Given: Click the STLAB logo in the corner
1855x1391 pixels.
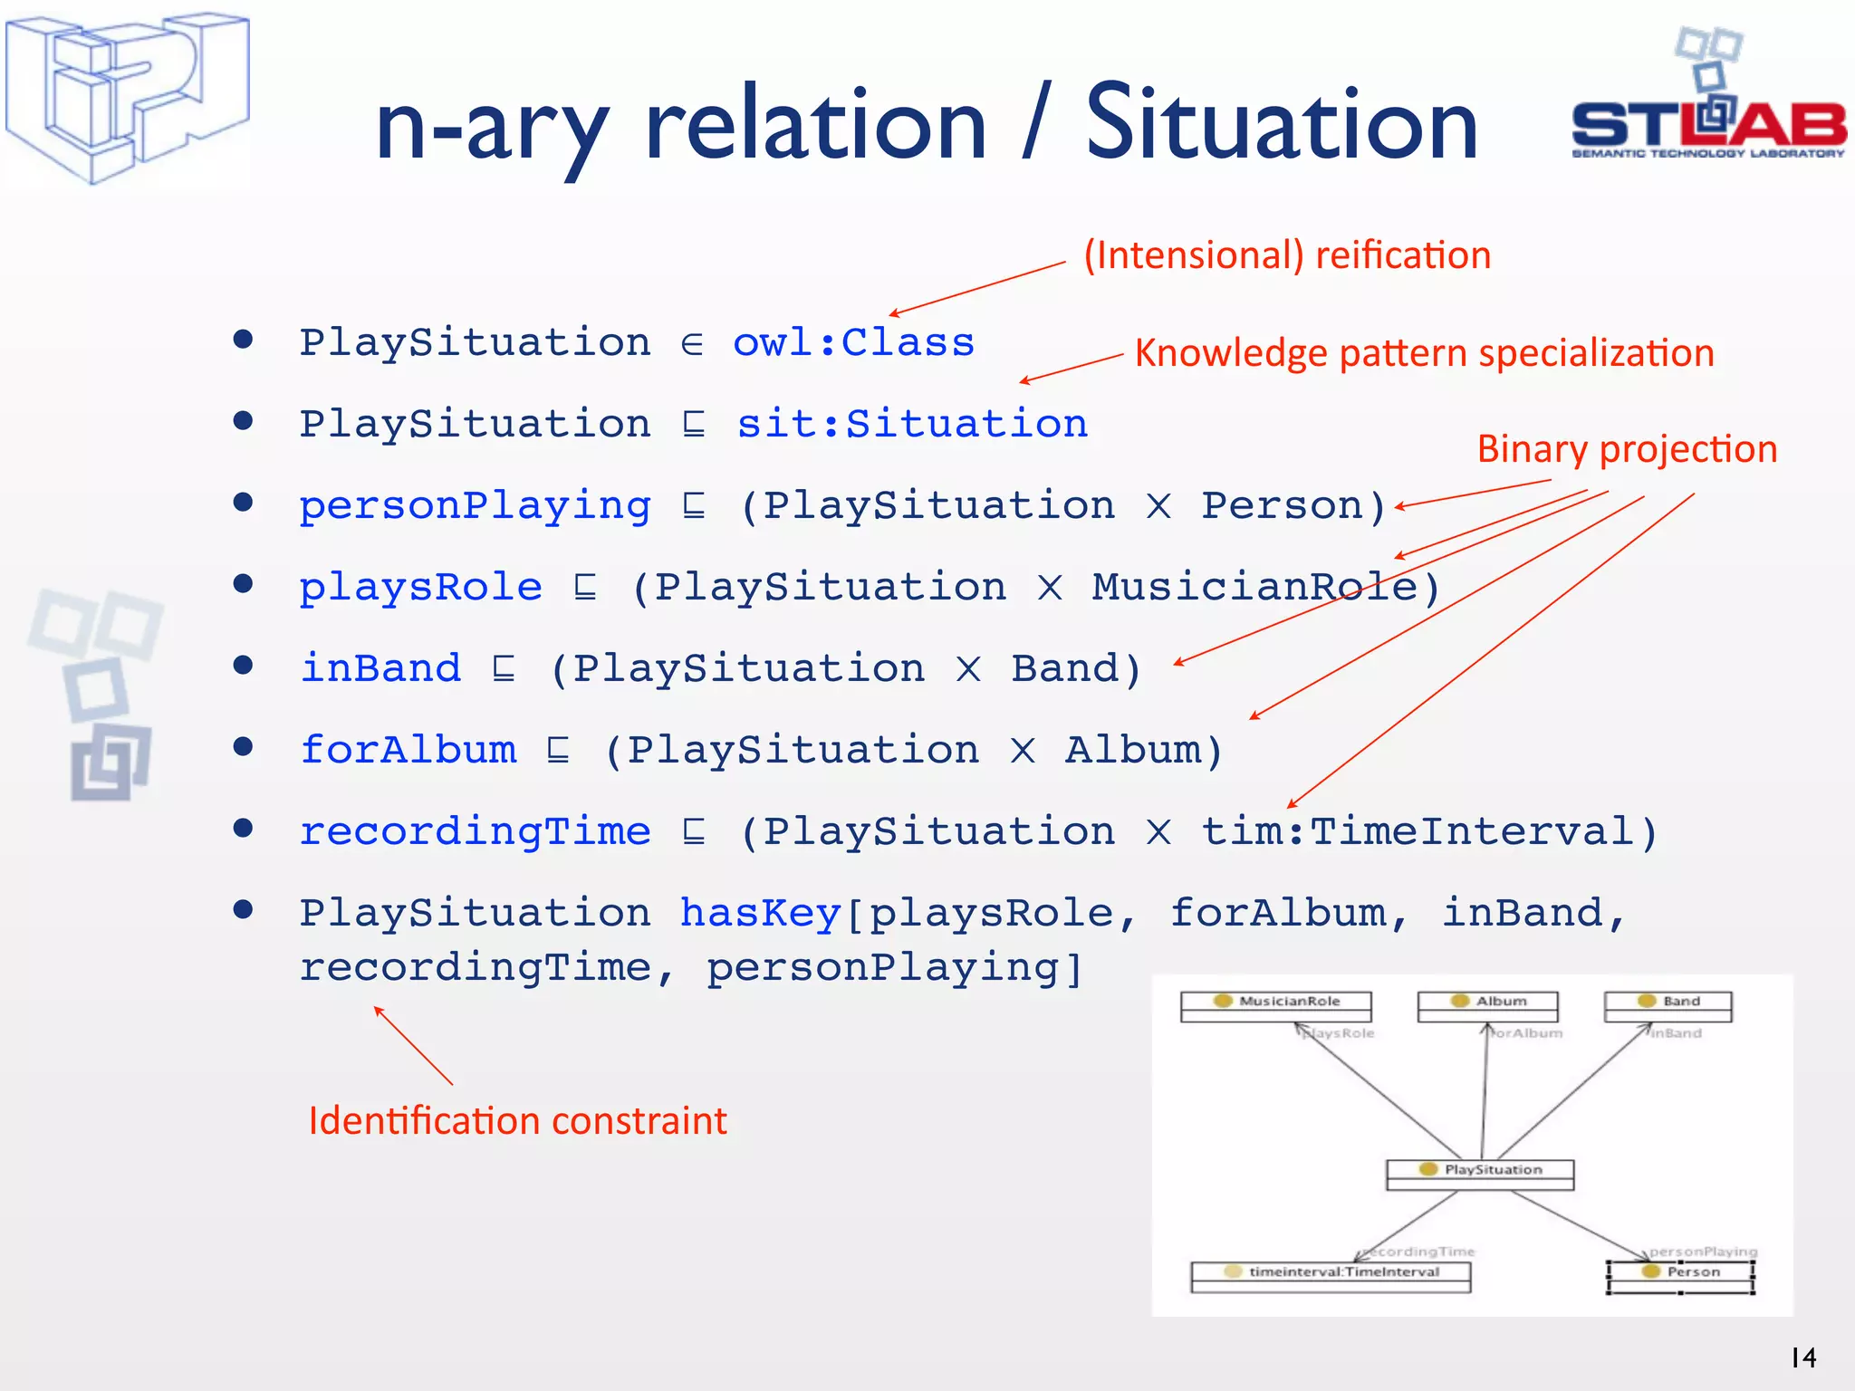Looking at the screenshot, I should click(x=1708, y=100).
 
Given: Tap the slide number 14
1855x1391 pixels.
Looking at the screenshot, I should click(x=1802, y=1357).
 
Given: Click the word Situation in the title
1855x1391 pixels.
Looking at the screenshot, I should click(x=1282, y=124).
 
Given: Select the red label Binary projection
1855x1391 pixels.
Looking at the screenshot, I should click(x=1627, y=449).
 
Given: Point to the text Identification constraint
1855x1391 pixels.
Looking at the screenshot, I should click(x=517, y=1121).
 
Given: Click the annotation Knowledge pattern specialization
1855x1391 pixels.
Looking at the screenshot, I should click(x=1424, y=353).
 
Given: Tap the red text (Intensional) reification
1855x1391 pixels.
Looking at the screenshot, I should click(x=1287, y=255).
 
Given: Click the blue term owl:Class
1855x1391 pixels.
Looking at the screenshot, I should click(x=853, y=343).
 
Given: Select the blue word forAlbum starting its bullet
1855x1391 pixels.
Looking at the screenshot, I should click(x=408, y=750).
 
